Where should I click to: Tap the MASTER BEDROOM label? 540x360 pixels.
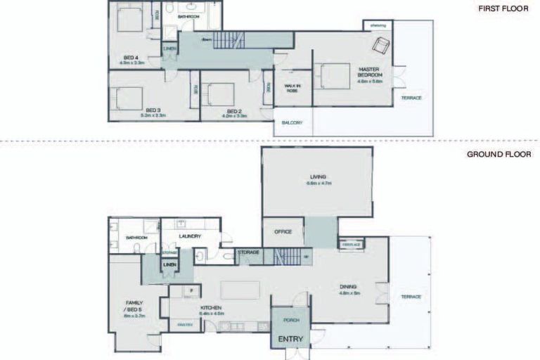point(369,72)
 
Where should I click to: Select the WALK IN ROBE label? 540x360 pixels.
point(292,88)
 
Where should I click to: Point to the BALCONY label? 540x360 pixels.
point(292,123)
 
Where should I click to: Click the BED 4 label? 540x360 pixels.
point(130,58)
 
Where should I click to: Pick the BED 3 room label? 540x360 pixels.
point(153,110)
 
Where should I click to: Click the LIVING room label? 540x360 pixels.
point(319,176)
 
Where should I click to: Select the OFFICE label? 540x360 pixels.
point(283,231)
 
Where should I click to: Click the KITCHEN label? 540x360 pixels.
point(211,308)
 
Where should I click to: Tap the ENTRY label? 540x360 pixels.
point(290,340)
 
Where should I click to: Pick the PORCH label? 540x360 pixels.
point(291,320)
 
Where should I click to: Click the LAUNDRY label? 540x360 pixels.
point(190,236)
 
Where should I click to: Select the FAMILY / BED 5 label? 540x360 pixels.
point(134,307)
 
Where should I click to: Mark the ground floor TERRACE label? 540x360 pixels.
point(411,297)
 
